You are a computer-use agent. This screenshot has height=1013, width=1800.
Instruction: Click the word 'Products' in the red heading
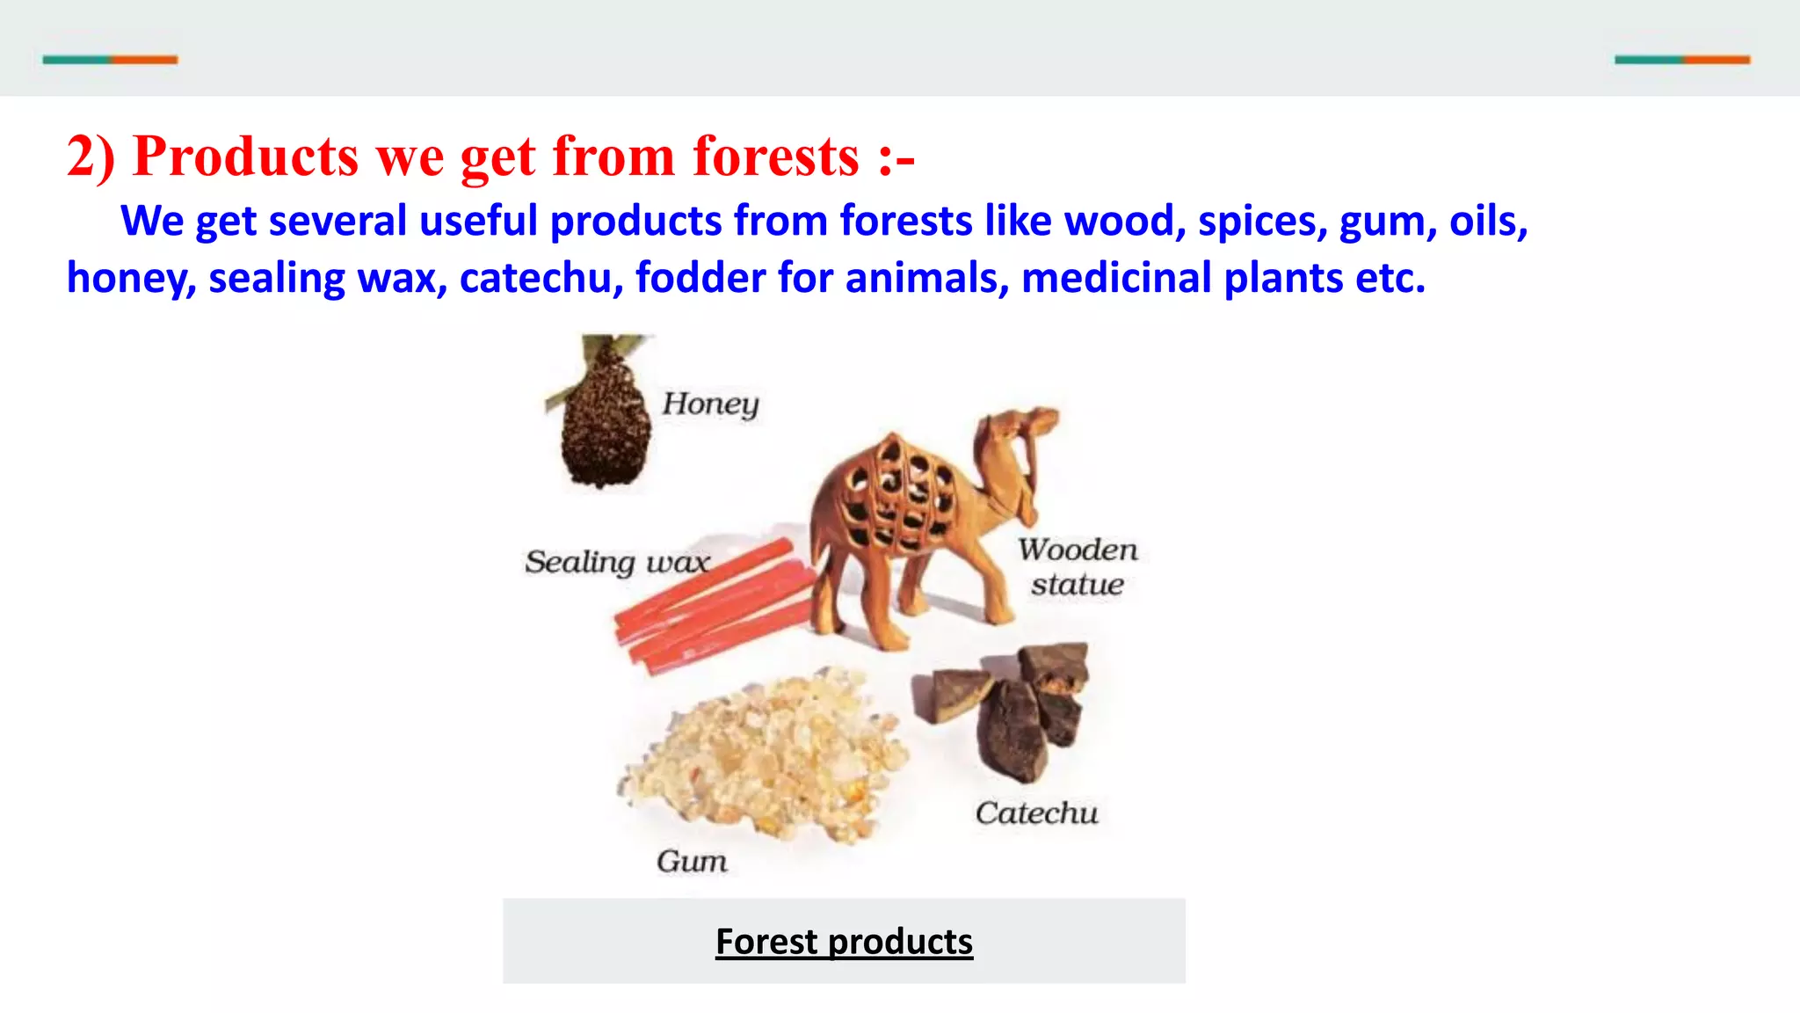tap(245, 157)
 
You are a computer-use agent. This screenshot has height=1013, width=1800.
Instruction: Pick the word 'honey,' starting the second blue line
tap(131, 278)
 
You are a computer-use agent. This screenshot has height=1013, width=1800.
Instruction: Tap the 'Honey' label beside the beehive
tap(710, 404)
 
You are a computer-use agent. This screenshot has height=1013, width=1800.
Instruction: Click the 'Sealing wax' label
tap(617, 562)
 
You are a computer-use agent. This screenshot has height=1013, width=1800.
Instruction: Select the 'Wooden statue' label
tap(1078, 567)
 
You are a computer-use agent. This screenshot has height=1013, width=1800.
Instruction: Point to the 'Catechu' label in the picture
tap(1036, 813)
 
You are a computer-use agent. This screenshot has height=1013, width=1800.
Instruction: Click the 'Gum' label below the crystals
tap(692, 861)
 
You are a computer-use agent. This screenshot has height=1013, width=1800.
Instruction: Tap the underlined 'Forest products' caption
tap(844, 942)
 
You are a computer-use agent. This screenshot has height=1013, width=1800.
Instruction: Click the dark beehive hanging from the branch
tap(606, 426)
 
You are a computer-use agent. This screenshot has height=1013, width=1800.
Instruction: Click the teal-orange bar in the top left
tap(110, 60)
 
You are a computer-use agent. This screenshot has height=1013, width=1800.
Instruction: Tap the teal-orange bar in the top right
tap(1682, 60)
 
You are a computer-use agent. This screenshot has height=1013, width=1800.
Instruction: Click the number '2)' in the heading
tap(91, 157)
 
